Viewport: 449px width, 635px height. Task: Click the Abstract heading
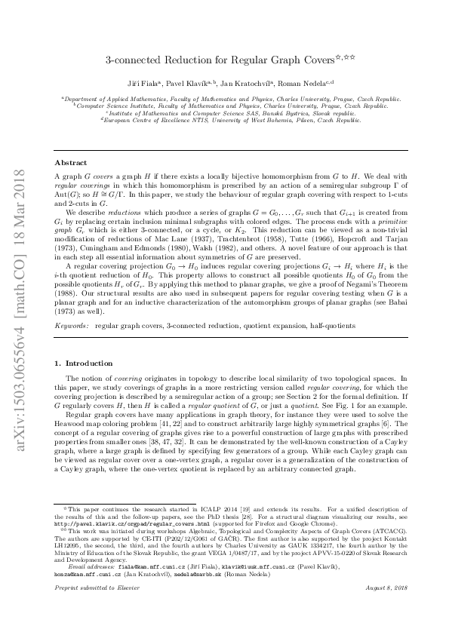pyautogui.click(x=71, y=163)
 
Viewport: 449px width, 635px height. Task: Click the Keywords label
pyautogui.click(x=70, y=325)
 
